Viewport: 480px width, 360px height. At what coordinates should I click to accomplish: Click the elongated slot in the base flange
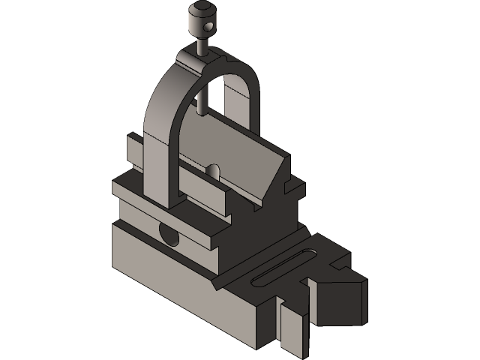pyautogui.click(x=281, y=270)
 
